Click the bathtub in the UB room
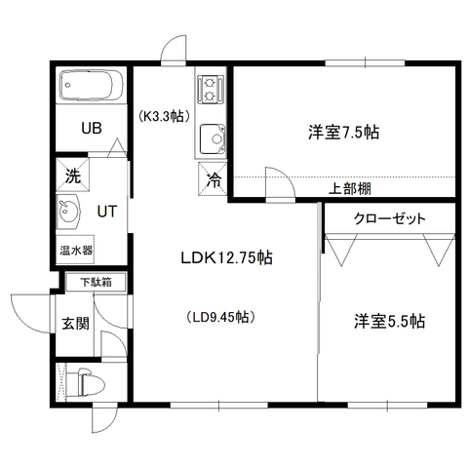click(92, 85)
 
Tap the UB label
click(92, 128)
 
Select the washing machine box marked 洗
click(72, 175)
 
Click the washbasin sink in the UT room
click(67, 212)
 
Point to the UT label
click(107, 212)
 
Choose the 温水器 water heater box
click(75, 250)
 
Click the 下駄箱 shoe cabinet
click(96, 282)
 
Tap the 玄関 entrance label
click(76, 324)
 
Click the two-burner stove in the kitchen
click(211, 89)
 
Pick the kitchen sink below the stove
click(213, 139)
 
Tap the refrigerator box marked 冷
click(213, 178)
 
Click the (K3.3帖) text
click(164, 117)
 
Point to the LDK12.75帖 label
click(226, 258)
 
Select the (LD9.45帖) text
click(220, 317)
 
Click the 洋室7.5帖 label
click(343, 133)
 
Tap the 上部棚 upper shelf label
click(350, 188)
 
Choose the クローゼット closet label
click(389, 218)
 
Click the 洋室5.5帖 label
click(389, 321)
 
